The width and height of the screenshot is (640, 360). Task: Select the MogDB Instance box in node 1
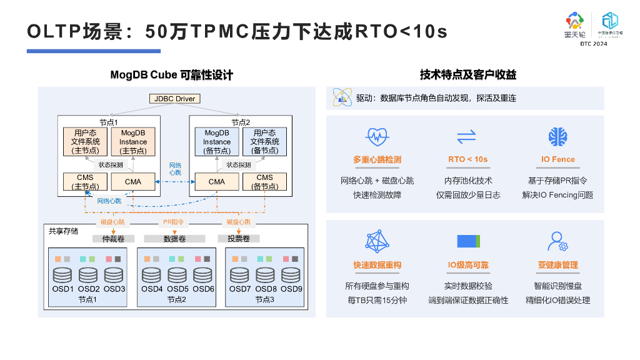(133, 142)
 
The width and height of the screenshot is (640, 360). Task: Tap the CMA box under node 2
(216, 182)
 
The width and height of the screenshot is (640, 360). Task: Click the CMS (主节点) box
(84, 182)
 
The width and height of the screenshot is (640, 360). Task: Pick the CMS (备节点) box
(264, 182)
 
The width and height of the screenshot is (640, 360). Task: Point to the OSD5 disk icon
(177, 274)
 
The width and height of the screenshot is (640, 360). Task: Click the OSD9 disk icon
(291, 274)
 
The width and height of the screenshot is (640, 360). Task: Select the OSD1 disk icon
(62, 274)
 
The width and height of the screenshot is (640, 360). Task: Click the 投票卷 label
(239, 239)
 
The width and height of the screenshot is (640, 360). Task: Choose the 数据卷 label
(174, 239)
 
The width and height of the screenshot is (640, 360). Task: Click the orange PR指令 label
(173, 222)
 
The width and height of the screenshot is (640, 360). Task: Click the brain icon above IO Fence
(557, 136)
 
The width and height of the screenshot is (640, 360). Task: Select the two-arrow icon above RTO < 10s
(467, 136)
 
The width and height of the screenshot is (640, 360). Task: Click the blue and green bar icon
(468, 241)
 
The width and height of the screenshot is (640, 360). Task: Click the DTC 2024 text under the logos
(593, 44)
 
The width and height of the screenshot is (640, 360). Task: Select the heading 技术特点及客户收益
(468, 75)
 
